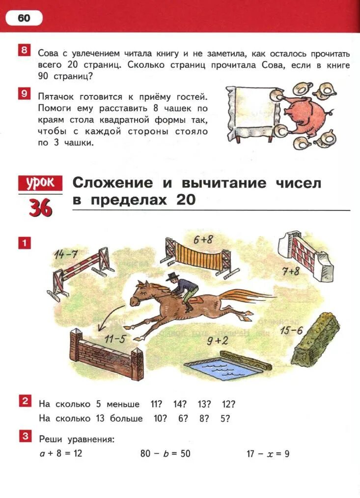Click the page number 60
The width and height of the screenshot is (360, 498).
click(24, 18)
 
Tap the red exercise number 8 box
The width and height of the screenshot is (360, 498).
click(24, 51)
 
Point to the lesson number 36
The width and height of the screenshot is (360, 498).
click(40, 208)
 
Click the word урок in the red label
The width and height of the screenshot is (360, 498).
click(41, 184)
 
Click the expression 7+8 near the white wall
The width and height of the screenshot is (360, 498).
click(291, 271)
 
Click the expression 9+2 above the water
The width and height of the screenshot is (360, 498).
click(217, 340)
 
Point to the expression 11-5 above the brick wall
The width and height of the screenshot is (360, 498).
click(115, 339)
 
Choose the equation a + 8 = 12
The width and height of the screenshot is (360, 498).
click(60, 453)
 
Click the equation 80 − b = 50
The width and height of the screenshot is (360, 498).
click(165, 453)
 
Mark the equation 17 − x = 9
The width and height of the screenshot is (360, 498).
click(268, 453)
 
